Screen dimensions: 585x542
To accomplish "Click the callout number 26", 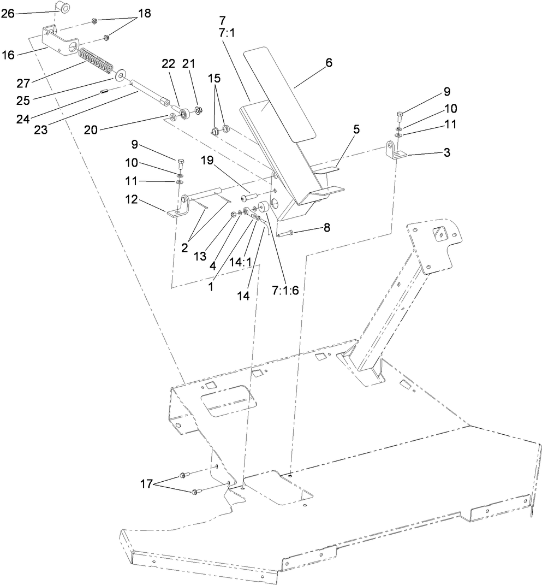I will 8,14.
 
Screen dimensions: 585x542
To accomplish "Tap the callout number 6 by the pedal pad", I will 329,63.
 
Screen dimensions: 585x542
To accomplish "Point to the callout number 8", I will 326,228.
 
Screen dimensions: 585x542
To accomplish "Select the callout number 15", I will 216,79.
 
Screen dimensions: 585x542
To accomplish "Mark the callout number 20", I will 91,129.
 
